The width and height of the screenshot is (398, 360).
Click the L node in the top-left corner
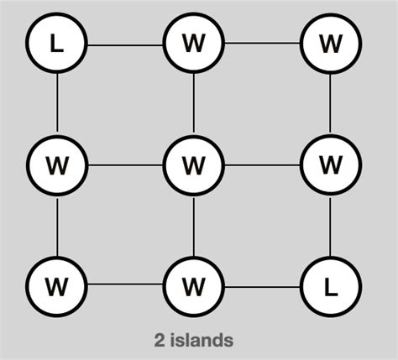tap(57, 43)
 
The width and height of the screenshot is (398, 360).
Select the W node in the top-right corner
tap(330, 43)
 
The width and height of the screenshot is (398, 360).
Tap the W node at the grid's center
tap(194, 164)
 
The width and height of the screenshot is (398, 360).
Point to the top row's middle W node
tap(194, 43)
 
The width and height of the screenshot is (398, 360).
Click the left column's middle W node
tap(57, 164)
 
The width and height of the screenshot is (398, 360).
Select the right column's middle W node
tap(330, 164)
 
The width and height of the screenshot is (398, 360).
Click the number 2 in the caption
tap(160, 340)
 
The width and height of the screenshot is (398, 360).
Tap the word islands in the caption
tap(201, 340)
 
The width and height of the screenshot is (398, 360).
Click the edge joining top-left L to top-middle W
tap(125, 43)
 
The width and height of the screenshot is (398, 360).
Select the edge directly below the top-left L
tap(57, 103)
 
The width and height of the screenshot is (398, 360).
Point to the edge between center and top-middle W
tap(194, 103)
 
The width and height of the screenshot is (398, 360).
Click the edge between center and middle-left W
tap(125, 164)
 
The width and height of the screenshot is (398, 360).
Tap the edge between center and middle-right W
tap(262, 164)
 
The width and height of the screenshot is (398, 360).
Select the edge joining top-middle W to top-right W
tap(262, 43)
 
